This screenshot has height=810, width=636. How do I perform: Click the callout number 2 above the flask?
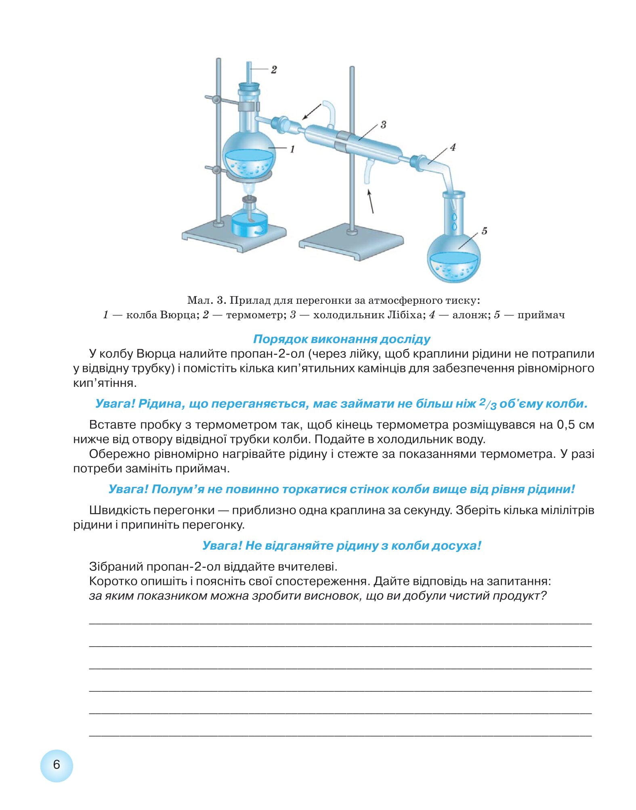coord(274,70)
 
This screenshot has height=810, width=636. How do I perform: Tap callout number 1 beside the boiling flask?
coord(292,149)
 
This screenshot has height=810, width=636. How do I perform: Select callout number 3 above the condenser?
coord(383,125)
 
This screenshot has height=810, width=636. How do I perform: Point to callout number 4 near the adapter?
coord(453,148)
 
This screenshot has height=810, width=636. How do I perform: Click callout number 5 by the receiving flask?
coord(485,231)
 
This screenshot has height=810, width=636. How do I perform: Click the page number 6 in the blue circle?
coord(57,764)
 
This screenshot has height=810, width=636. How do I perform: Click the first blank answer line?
coord(340,624)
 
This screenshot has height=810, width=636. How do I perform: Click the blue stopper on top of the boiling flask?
coord(250,86)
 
